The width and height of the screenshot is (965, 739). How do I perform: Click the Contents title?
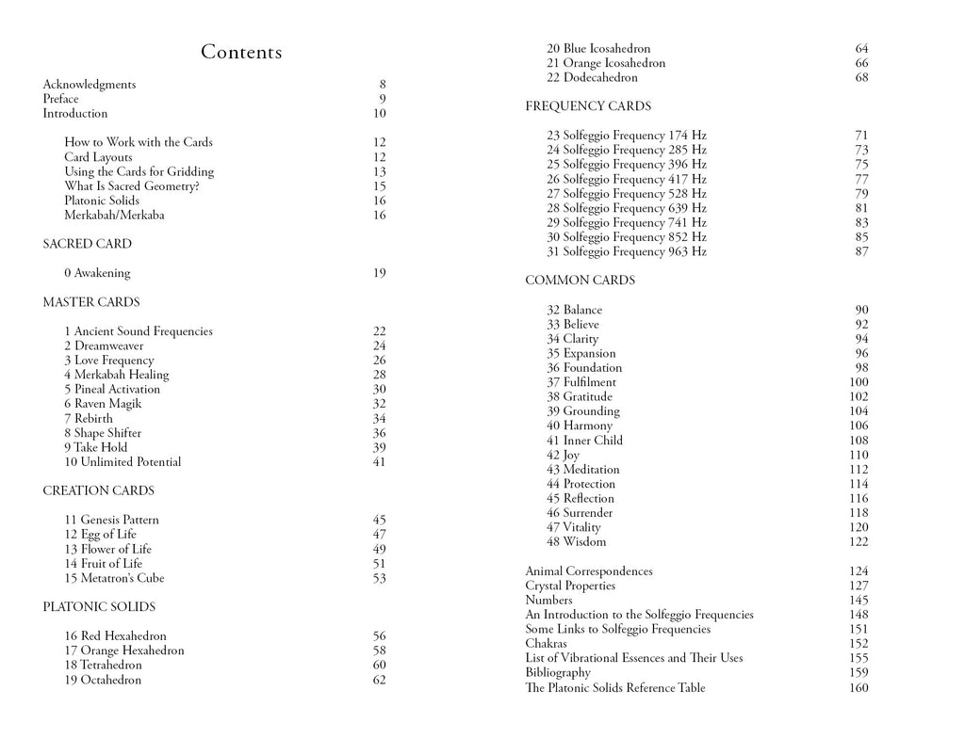click(241, 53)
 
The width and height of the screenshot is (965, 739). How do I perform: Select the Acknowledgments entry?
click(90, 85)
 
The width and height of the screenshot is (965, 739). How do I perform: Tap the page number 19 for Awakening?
click(379, 274)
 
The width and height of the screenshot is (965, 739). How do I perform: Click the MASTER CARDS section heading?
click(91, 302)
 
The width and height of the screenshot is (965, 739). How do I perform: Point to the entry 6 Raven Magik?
click(104, 404)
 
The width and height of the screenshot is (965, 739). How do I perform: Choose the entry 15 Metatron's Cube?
click(114, 578)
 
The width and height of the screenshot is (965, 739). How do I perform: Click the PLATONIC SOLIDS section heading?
click(99, 607)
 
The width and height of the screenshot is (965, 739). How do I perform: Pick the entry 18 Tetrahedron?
click(104, 666)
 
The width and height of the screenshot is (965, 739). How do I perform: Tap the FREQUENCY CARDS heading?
click(588, 106)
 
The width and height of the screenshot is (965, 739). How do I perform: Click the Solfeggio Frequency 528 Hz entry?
click(627, 194)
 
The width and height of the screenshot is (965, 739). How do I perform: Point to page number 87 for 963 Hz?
click(861, 252)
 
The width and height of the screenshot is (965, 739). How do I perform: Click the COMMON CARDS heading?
click(581, 281)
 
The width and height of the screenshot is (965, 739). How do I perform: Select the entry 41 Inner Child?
click(585, 441)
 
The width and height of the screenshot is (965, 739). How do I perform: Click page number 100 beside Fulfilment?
click(859, 382)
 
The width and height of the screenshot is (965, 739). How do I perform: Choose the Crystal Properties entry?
click(570, 586)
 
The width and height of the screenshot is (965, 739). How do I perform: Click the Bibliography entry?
click(558, 673)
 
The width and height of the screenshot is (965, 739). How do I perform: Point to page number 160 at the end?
click(859, 688)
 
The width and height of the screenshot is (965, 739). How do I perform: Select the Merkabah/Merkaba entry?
click(114, 216)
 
